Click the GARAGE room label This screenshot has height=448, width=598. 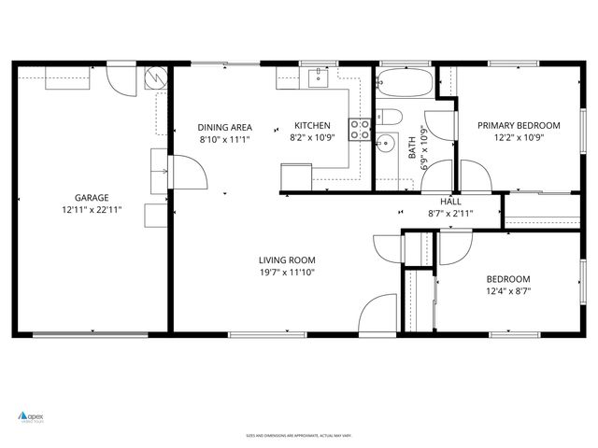tap(92, 197)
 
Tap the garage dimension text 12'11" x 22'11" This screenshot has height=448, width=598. tap(92, 210)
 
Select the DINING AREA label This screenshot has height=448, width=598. tap(224, 127)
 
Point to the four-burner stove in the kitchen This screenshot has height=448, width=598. tap(359, 130)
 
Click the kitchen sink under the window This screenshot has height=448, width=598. tap(318, 77)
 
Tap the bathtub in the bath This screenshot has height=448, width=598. tap(405, 85)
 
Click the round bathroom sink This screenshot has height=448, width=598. tap(386, 145)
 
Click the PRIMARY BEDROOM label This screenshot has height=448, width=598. tap(519, 126)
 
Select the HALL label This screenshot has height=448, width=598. tap(450, 201)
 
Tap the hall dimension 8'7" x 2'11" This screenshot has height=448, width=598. tap(450, 213)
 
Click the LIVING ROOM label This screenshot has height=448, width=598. tap(287, 260)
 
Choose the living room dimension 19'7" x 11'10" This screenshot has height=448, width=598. tap(287, 273)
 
